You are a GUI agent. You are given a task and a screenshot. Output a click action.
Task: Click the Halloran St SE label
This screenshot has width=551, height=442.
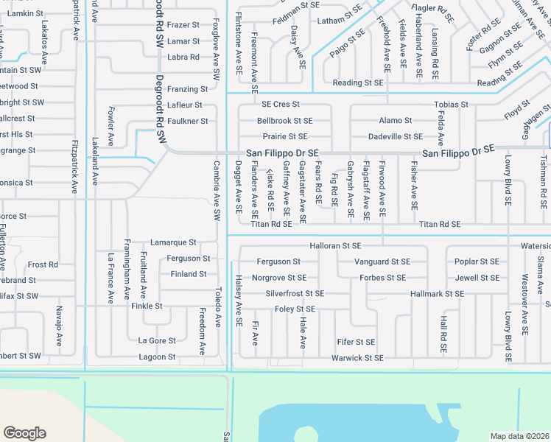(x=337, y=245)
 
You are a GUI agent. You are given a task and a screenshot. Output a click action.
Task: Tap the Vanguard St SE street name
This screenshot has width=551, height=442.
(x=382, y=262)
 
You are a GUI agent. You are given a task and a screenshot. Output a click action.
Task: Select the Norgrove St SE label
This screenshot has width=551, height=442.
(x=279, y=278)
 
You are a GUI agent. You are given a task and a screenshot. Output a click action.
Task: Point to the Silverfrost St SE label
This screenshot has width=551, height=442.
(x=295, y=293)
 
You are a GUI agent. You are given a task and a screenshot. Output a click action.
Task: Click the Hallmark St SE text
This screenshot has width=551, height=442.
(x=438, y=293)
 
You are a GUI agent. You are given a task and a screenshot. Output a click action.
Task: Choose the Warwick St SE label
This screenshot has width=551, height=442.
(x=357, y=358)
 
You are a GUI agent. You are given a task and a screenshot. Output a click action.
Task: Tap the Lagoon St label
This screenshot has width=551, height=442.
(x=158, y=357)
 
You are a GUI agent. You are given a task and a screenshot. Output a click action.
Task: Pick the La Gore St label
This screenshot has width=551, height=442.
(x=157, y=340)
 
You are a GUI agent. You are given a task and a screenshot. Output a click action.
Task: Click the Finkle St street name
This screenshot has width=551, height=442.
(x=147, y=306)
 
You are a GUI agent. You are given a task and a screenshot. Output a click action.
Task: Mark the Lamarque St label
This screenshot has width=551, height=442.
(x=173, y=242)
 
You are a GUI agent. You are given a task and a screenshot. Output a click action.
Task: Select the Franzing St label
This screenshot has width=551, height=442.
(x=187, y=89)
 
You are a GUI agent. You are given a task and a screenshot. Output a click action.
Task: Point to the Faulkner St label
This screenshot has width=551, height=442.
(x=187, y=121)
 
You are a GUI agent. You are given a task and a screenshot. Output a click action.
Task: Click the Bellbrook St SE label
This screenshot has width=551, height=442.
(x=284, y=121)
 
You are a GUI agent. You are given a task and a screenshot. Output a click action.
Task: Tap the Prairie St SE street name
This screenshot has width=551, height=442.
(x=285, y=137)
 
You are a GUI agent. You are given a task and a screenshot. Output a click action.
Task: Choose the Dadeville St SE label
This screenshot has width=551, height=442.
(x=395, y=137)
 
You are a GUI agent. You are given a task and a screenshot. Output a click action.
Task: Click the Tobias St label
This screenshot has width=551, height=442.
(x=451, y=105)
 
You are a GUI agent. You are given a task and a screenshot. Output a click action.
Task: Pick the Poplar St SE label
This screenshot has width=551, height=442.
(x=477, y=262)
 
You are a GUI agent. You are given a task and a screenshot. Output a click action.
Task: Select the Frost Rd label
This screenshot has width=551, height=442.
(x=43, y=264)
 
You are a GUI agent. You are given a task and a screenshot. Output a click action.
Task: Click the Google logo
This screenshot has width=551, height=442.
(x=24, y=433)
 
